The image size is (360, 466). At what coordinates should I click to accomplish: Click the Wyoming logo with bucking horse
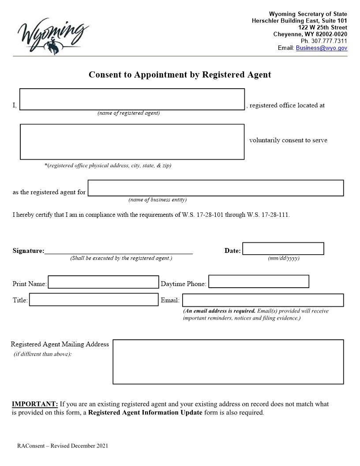click(52, 35)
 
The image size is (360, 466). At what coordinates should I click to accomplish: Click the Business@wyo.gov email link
click(321, 48)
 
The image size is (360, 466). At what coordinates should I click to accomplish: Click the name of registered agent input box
click(132, 99)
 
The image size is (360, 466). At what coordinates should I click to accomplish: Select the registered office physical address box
click(132, 142)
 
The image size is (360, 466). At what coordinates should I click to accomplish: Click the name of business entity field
click(215, 188)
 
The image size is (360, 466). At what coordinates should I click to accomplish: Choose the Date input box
click(283, 249)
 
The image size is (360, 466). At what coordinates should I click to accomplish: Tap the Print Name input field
click(103, 282)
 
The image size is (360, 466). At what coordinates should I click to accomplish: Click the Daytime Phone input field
click(259, 282)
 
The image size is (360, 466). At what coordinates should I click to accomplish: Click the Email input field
click(263, 300)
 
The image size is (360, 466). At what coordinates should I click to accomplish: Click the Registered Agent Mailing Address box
click(228, 362)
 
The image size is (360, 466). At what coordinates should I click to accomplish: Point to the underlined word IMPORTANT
click(35, 404)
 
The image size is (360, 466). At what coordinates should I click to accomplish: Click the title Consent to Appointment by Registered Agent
click(180, 75)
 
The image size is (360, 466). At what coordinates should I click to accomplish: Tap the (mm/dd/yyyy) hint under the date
click(283, 258)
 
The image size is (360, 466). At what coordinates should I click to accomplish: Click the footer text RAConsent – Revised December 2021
click(63, 446)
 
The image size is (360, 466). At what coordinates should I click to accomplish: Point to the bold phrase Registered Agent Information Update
click(145, 413)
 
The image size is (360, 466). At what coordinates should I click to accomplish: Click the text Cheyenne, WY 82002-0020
click(310, 34)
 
